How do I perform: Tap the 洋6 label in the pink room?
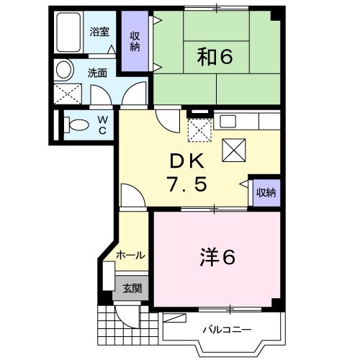(x=217, y=256)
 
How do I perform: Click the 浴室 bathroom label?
(x=99, y=32)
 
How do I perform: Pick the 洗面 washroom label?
(x=97, y=72)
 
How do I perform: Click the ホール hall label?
(x=130, y=255)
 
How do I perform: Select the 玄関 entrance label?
(x=132, y=288)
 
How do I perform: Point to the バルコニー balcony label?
(x=226, y=330)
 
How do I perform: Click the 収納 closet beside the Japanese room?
(x=135, y=42)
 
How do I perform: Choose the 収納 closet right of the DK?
(x=266, y=192)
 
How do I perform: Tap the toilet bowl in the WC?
(x=75, y=124)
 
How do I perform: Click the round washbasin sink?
(x=63, y=70)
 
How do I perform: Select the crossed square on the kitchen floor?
(x=235, y=150)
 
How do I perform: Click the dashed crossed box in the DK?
(x=198, y=130)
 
